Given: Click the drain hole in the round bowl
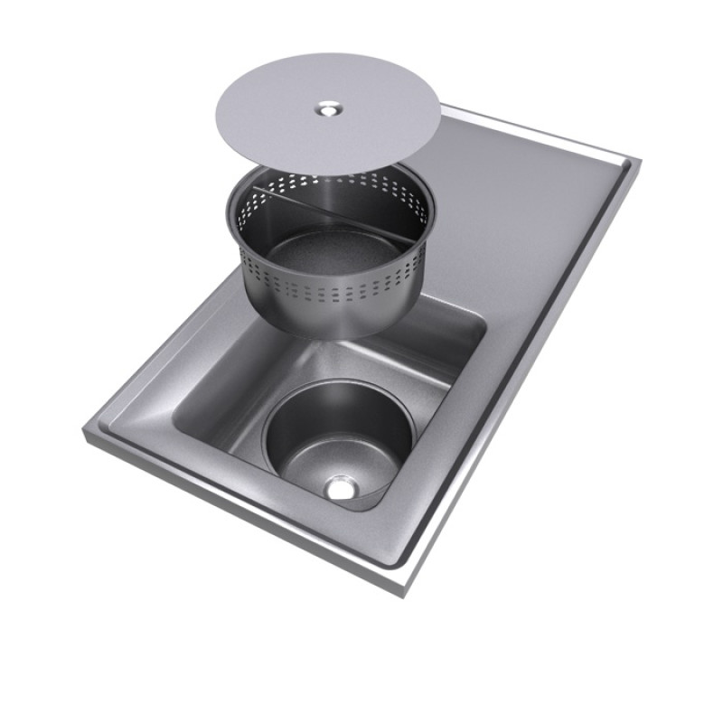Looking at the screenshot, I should (x=342, y=489).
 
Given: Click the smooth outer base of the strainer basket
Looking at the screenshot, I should (x=325, y=321).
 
